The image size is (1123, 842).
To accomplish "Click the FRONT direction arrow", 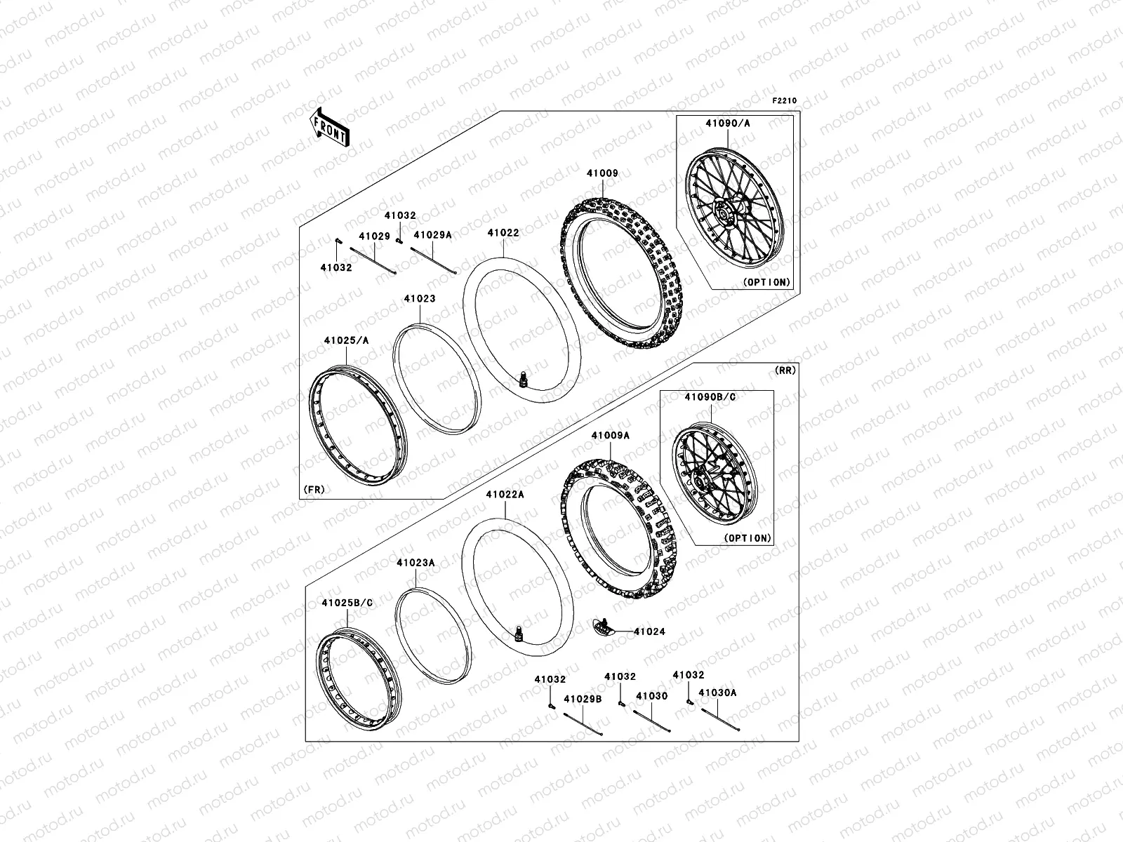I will pos(330,126).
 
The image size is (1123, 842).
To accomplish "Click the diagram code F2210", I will pos(785,101).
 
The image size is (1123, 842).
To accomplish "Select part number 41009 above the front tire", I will pos(604,173).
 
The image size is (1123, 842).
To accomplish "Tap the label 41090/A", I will pos(727,123).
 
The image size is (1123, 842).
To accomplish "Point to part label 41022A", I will pos(505,495).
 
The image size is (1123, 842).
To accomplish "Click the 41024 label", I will pos(649,631).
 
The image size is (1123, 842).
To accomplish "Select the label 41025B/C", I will pos(347,603).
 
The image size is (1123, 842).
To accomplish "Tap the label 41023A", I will pos(416,563).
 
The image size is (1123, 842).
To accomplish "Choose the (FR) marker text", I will pos(314,489).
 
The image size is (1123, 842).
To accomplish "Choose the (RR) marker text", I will pos(785,370).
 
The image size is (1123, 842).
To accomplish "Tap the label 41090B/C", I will pos(710,397).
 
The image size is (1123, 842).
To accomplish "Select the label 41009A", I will pos(610,436).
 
